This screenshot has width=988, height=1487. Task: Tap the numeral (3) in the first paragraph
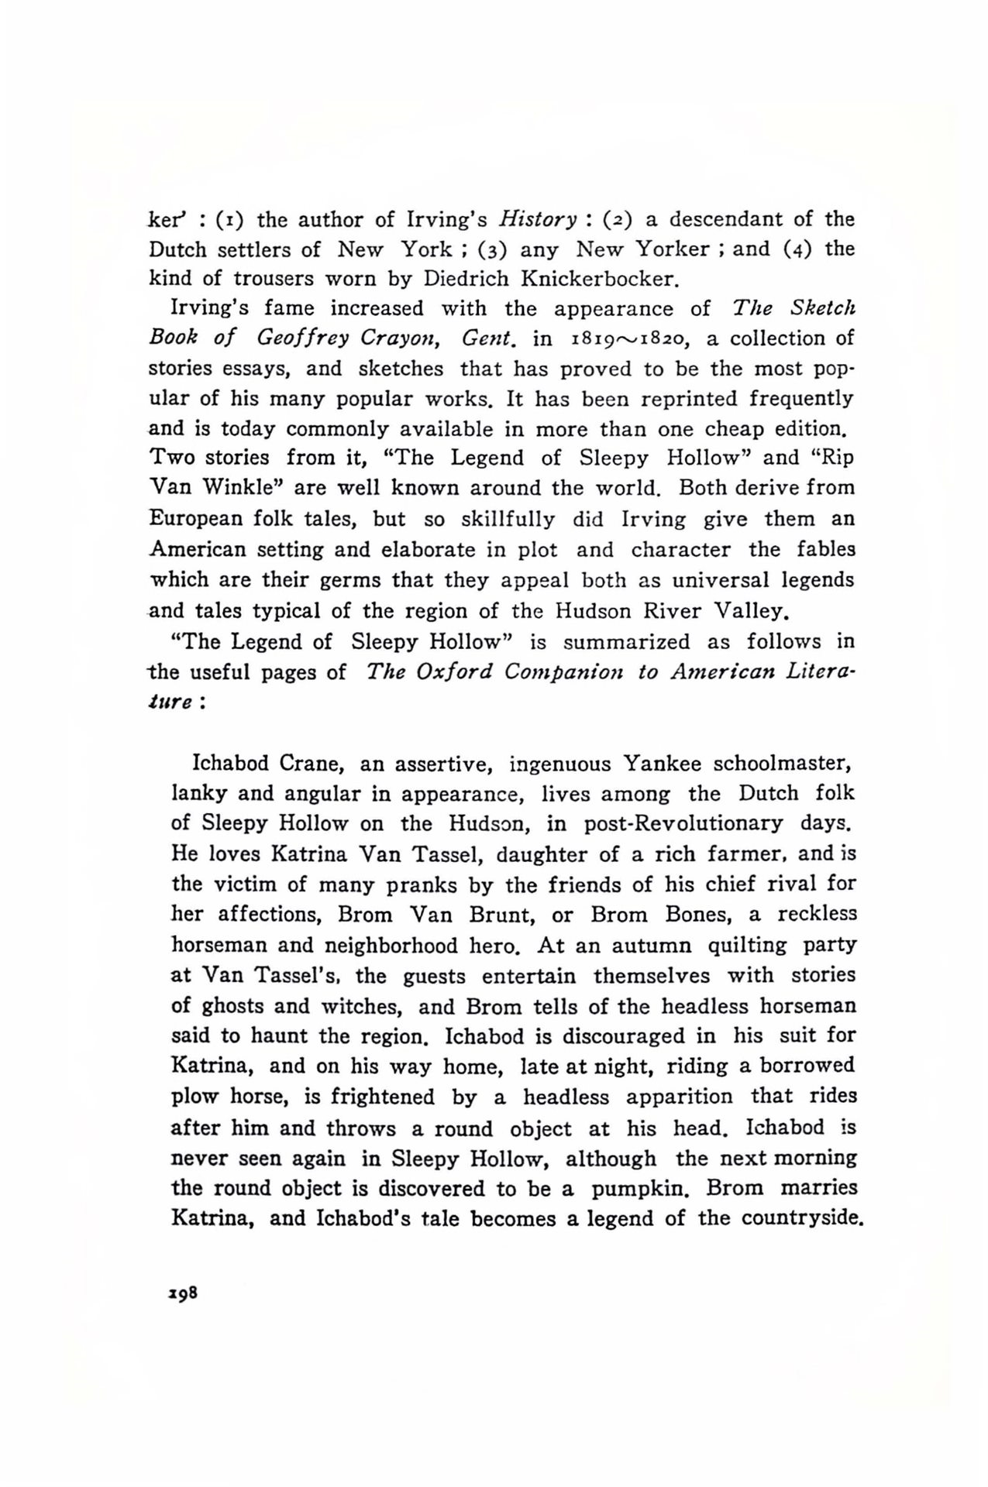[492, 249]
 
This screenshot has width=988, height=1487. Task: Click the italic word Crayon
[390, 339]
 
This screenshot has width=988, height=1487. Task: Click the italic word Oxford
[453, 671]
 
